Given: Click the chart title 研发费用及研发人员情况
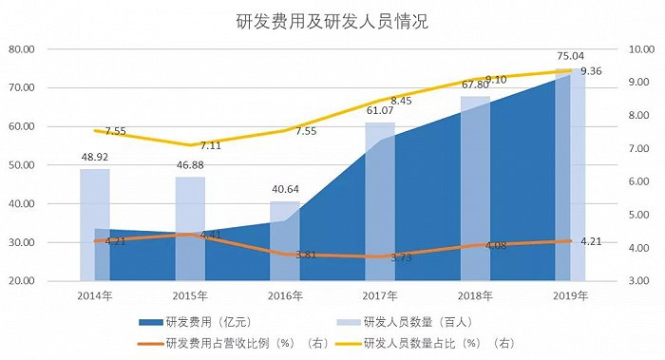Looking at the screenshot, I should click(332, 20).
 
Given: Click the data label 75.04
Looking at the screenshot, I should click(570, 55).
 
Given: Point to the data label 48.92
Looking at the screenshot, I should click(94, 158).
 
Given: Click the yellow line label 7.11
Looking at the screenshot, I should click(211, 145).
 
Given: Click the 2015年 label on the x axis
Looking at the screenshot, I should click(189, 295).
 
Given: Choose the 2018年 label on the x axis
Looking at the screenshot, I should click(474, 295).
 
